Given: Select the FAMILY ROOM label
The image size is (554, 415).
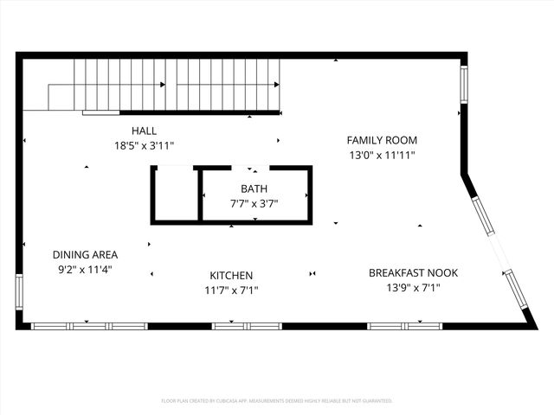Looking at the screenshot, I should tap(382, 140).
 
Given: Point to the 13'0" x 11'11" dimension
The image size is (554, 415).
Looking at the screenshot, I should tap(382, 156).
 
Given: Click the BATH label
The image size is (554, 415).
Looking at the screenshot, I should tap(254, 188).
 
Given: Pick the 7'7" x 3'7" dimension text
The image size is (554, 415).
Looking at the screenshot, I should tap(254, 203).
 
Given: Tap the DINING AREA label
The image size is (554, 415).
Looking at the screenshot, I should tap(85, 255).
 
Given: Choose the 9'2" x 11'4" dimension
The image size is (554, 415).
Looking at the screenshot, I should tap(85, 270).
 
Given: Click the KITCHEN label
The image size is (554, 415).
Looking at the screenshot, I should tap(229, 275).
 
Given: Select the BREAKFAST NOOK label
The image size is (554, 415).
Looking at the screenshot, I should tap(413, 273).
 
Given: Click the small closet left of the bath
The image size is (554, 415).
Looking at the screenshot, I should tap(176, 195).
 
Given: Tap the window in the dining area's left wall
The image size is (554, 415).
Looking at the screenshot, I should tap(19, 291).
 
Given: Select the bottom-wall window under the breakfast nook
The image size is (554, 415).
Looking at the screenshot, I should tap(404, 326).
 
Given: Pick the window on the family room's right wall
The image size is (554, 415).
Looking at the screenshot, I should tap(464, 83).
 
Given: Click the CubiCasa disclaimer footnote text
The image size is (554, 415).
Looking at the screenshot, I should tap(277, 401).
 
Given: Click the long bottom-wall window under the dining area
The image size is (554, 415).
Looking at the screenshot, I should tap(90, 326).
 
